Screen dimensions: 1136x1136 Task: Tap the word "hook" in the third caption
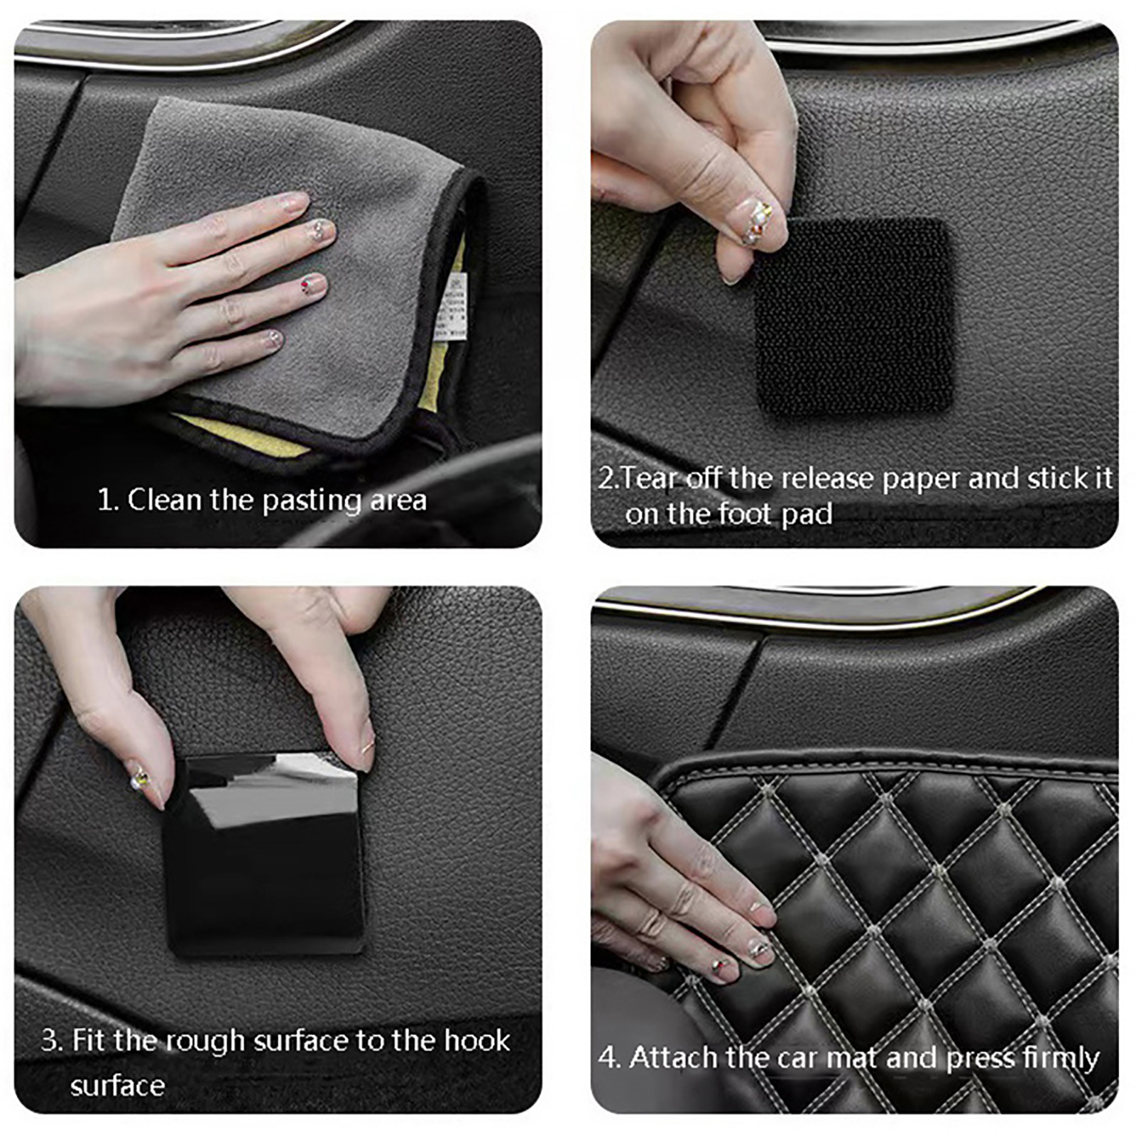[x=477, y=1040]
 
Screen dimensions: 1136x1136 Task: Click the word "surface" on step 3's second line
[x=118, y=1086]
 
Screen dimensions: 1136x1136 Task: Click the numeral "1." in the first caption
[x=108, y=500]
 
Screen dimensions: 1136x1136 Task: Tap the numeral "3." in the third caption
[x=53, y=1041]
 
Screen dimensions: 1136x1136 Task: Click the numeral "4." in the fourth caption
[x=610, y=1057]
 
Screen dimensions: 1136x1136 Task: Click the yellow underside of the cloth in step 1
[x=241, y=433]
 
